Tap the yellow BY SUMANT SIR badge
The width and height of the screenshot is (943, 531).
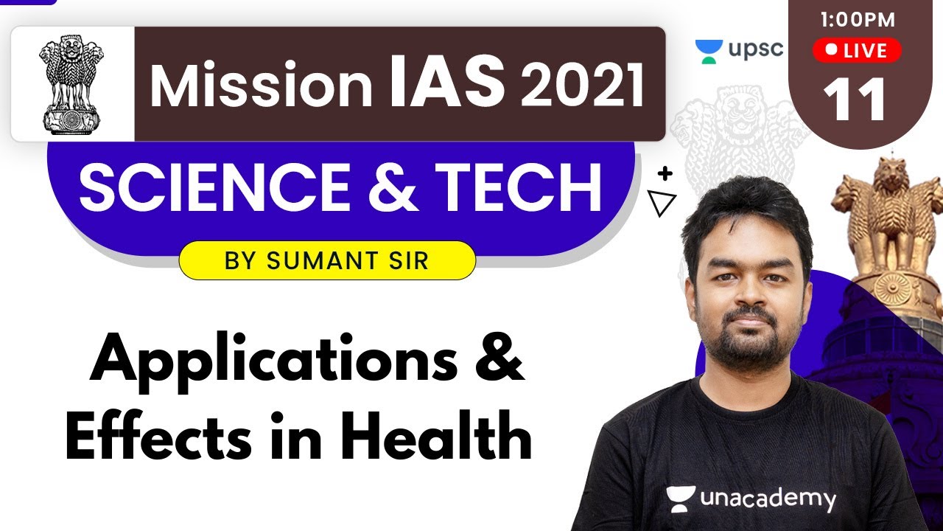pos(327,260)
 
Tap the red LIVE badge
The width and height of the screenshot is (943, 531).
pos(856,51)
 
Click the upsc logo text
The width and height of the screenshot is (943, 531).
pos(754,49)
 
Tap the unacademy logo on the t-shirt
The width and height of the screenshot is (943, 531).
pos(751,499)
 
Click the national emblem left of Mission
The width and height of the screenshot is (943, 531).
pos(72,84)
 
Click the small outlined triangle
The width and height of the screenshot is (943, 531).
pos(662,203)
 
